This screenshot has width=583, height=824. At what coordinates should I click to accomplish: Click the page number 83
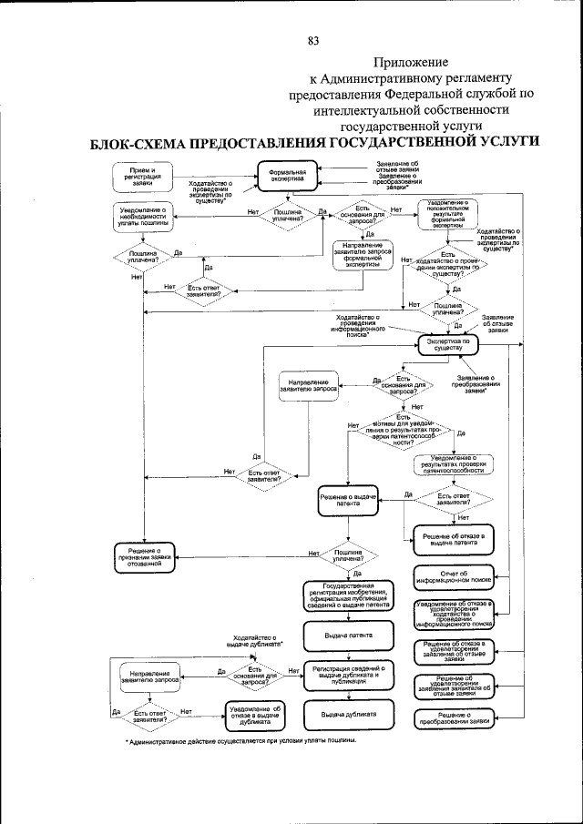(x=313, y=40)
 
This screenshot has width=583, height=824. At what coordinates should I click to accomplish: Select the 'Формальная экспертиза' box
(x=286, y=176)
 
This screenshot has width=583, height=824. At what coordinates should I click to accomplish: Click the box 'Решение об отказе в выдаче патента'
(x=455, y=539)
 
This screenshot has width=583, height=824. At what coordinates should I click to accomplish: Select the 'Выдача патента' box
(x=346, y=632)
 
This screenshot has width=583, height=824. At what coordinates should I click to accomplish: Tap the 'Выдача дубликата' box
(x=346, y=714)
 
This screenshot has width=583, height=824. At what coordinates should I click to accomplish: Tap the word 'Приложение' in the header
(x=407, y=61)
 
